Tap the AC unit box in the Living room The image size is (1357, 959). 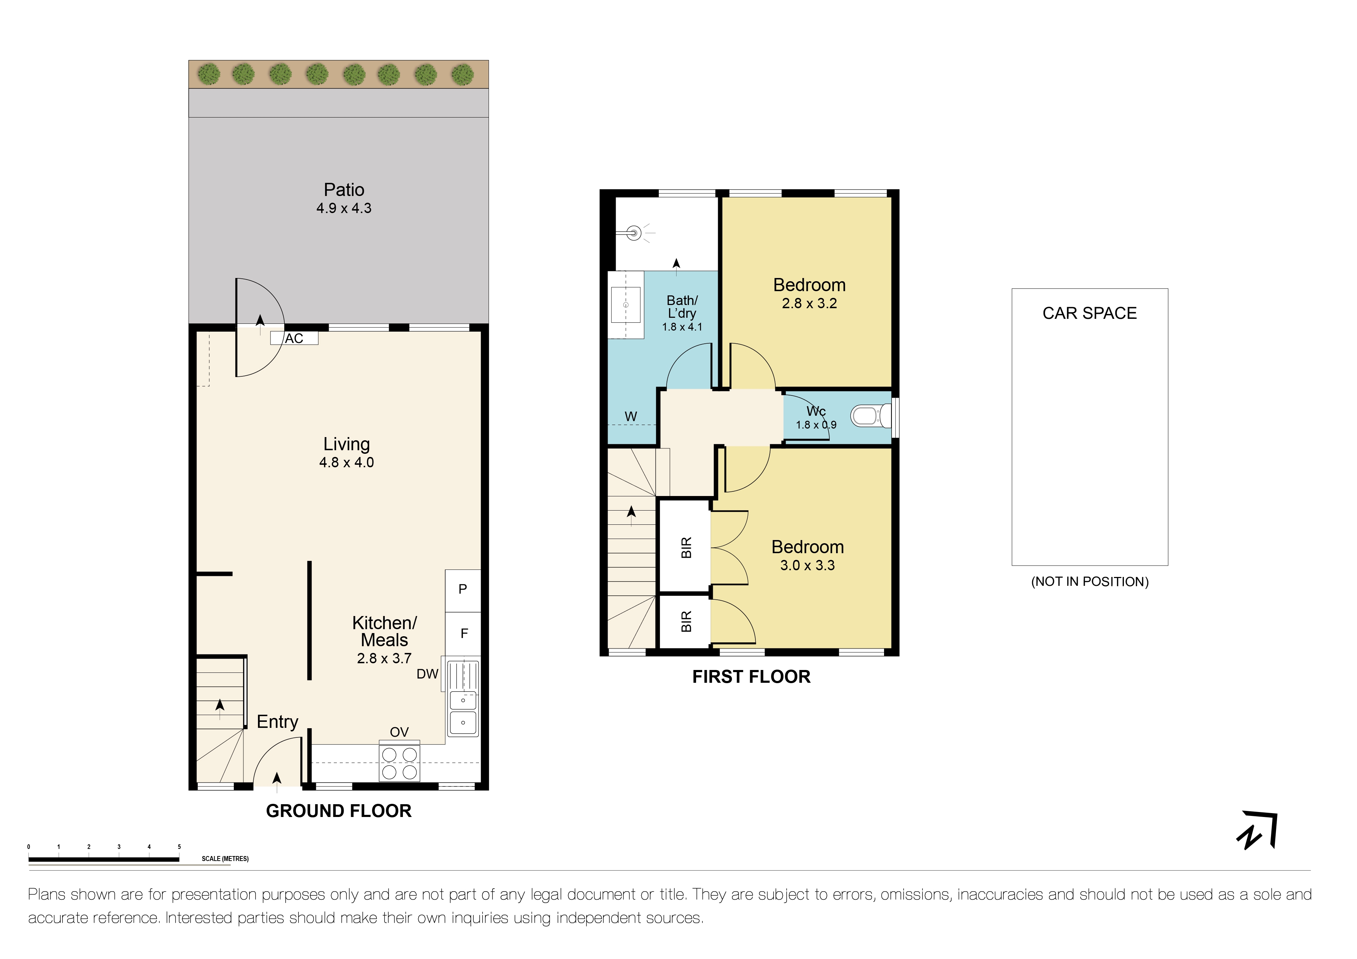pyautogui.click(x=294, y=338)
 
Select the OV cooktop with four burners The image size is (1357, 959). pyautogui.click(x=399, y=763)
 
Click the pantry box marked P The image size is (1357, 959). pyautogui.click(x=462, y=589)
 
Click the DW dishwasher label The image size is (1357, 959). pyautogui.click(x=427, y=674)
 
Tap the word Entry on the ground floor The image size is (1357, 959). pyautogui.click(x=277, y=721)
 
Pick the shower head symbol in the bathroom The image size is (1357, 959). pyautogui.click(x=634, y=233)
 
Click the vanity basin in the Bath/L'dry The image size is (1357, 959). pyautogui.click(x=625, y=305)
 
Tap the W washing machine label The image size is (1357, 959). pyautogui.click(x=631, y=417)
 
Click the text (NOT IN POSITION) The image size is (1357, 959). pyautogui.click(x=1089, y=582)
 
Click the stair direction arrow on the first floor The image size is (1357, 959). pyautogui.click(x=631, y=513)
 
